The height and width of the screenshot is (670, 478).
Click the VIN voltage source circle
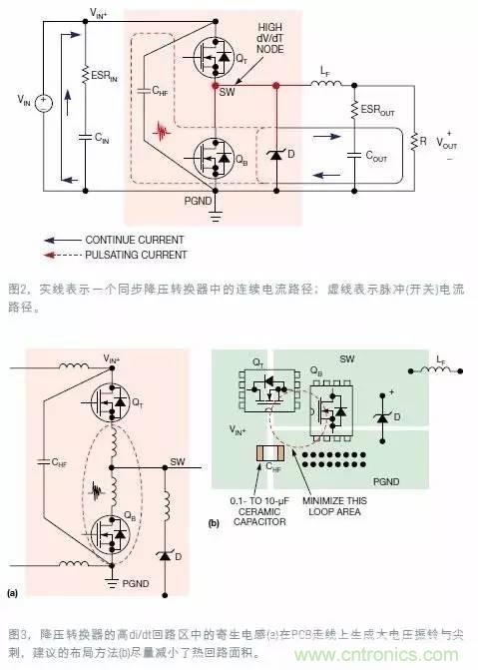click(44, 101)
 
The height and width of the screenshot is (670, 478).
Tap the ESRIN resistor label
click(108, 72)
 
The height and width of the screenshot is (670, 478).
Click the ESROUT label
click(376, 111)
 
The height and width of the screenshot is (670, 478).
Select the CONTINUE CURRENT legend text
click(134, 240)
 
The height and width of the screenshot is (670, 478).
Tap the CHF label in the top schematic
click(160, 91)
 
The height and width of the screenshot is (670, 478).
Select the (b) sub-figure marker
click(215, 522)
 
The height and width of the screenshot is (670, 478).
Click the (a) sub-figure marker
click(13, 592)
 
